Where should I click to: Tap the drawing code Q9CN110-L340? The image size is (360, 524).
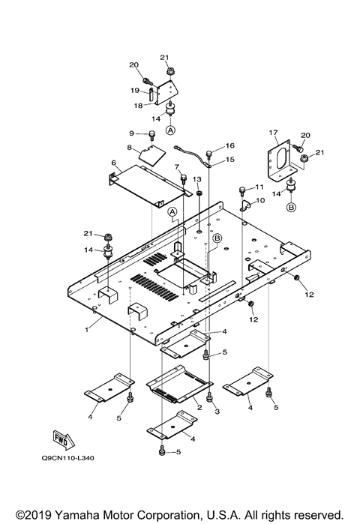coord(67,458)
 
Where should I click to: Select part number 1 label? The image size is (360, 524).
coord(87,330)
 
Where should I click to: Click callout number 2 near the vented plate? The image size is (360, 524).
coord(199,407)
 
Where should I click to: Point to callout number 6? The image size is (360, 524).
coord(114,163)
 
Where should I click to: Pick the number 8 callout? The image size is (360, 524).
coord(129,146)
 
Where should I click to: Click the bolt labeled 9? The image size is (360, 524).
coord(152,134)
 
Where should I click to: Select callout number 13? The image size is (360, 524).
coord(197,179)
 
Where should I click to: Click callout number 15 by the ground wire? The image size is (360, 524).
coord(230,160)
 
